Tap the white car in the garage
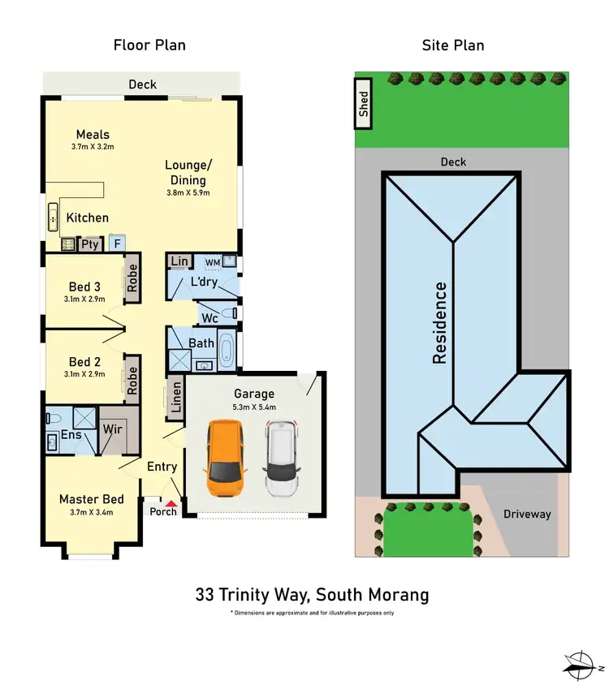[x=282, y=459]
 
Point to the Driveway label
[x=526, y=514]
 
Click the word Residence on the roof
[x=440, y=322]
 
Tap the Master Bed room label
[x=91, y=499]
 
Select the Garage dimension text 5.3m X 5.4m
[x=254, y=407]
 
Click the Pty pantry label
[x=89, y=243]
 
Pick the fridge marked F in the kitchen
[x=117, y=243]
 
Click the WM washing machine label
[x=212, y=263]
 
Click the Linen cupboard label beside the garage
[x=175, y=398]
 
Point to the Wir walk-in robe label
[x=113, y=428]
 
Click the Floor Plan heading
[x=149, y=45]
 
